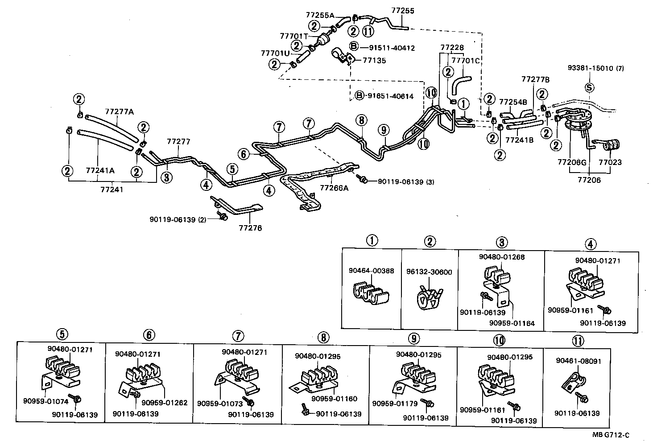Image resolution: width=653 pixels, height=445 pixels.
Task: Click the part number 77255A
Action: click(x=320, y=15)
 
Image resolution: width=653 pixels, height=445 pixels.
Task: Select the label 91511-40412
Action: click(x=387, y=47)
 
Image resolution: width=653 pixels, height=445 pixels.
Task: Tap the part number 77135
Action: click(x=374, y=61)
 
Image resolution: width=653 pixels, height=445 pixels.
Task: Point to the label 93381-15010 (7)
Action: click(x=595, y=68)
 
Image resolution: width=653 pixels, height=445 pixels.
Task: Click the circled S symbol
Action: click(x=589, y=87)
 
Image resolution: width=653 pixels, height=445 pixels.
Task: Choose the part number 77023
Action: click(x=610, y=163)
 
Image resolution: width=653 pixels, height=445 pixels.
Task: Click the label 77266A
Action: click(x=334, y=188)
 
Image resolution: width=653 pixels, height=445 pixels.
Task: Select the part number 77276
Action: click(x=250, y=228)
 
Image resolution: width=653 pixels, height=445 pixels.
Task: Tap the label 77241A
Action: click(x=100, y=170)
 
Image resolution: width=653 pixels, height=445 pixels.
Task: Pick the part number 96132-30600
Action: click(x=429, y=272)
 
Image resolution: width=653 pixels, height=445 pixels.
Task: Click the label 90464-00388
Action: click(x=371, y=271)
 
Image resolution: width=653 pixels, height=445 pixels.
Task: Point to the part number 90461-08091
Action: click(x=579, y=361)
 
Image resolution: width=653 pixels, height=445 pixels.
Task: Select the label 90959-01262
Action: click(x=165, y=403)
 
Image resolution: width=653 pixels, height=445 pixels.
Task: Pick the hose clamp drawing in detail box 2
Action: click(x=430, y=297)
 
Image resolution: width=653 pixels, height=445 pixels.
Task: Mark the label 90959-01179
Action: click(x=395, y=404)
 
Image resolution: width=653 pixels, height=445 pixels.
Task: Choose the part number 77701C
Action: click(x=465, y=60)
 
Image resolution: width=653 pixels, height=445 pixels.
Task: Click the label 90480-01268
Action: click(x=502, y=257)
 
